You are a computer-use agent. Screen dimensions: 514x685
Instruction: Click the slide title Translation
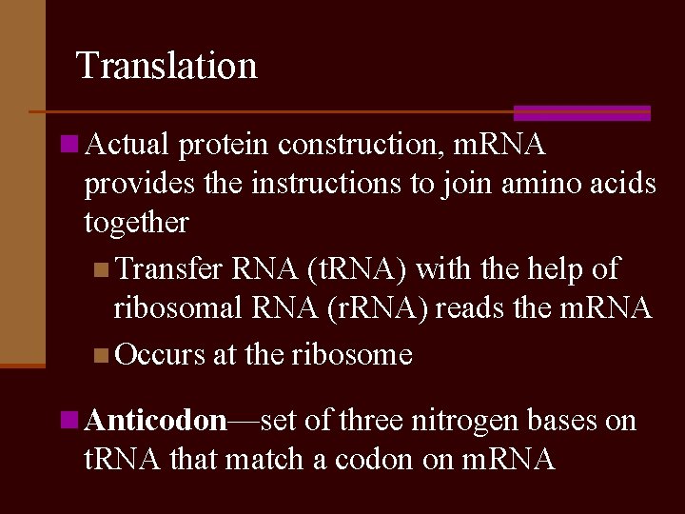point(166,66)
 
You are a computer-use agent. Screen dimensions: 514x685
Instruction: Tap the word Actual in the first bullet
point(127,145)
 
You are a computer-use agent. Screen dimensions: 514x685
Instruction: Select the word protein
point(224,145)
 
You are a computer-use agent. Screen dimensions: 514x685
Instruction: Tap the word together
point(136,222)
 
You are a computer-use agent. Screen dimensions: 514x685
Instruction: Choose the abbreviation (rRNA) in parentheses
point(346,307)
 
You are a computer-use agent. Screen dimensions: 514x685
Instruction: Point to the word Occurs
point(160,355)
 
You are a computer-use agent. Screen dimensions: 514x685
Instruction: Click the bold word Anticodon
point(156,421)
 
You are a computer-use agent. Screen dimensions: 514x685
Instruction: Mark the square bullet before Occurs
point(102,356)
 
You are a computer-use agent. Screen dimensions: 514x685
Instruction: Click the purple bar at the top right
point(581,112)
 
